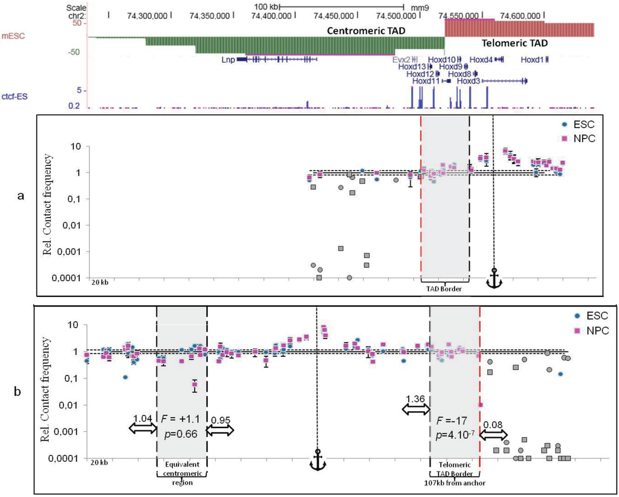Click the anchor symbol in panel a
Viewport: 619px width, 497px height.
(494, 279)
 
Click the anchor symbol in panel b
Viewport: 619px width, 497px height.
(317, 460)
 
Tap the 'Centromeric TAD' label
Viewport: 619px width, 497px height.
(365, 30)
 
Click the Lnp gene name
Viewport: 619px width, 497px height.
(227, 59)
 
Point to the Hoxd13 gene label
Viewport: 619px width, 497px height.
(412, 67)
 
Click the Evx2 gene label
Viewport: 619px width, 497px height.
(401, 59)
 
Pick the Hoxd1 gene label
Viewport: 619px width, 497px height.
(533, 59)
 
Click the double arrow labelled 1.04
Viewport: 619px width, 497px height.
(142, 428)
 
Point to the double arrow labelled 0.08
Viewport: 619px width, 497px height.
(493, 434)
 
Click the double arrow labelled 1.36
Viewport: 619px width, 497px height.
(415, 409)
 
